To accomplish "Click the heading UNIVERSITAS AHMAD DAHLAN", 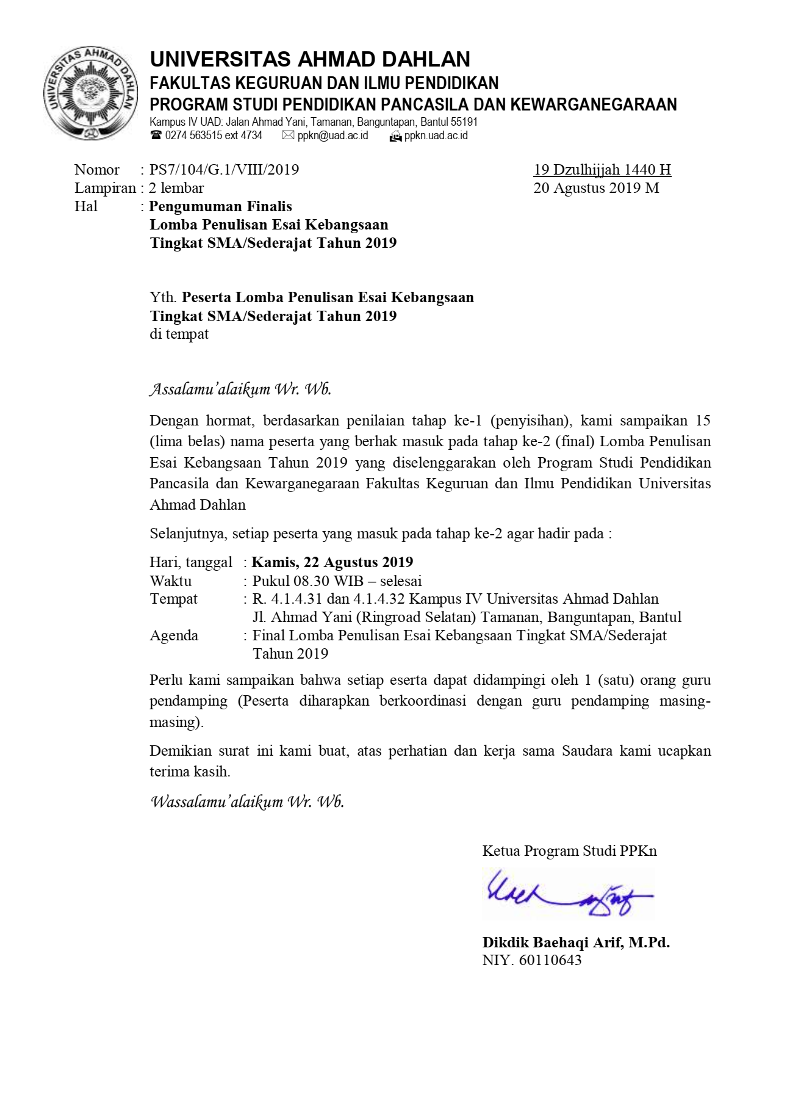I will point(310,59).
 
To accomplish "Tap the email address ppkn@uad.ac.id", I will point(332,136).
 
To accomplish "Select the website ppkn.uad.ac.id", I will point(436,136).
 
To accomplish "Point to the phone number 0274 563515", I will point(192,136).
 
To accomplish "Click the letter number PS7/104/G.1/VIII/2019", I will point(224,170).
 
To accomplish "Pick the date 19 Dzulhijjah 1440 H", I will point(602,170).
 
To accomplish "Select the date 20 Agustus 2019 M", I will point(596,188).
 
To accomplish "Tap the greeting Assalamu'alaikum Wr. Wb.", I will point(240,389).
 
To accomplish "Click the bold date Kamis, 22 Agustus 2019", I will point(332,562).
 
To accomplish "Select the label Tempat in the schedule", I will point(173,599).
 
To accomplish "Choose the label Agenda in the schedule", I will point(174,635).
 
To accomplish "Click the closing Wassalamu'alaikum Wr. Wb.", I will point(247,801).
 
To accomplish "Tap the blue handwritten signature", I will point(567,895).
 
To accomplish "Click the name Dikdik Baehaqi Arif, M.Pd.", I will point(576,942).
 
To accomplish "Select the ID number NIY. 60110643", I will point(531,960).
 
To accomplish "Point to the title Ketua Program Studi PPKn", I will point(569,851).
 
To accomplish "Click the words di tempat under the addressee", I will point(179,335).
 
